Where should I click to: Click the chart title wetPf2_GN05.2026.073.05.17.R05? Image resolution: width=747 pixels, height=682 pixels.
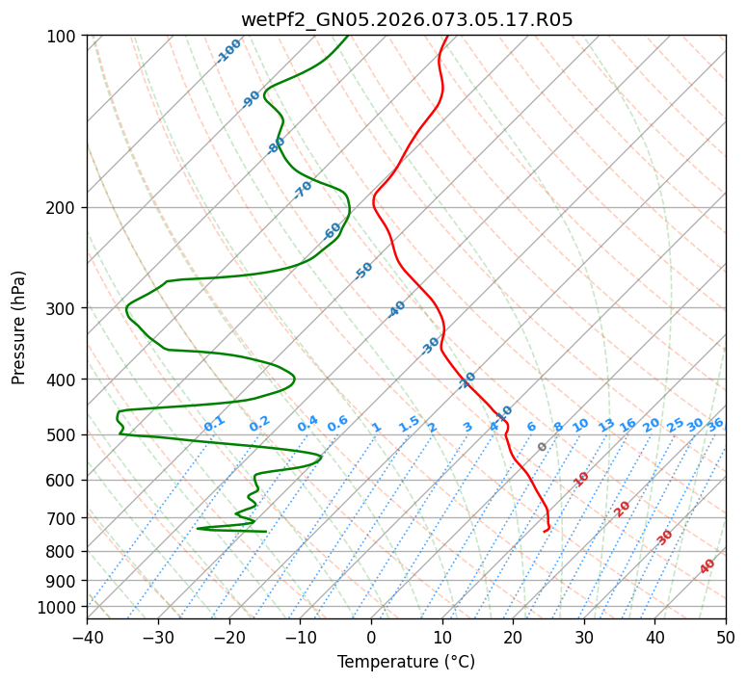(x=406, y=19)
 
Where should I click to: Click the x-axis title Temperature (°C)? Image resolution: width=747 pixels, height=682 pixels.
(x=406, y=662)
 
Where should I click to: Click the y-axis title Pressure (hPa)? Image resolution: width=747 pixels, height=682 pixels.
(x=18, y=328)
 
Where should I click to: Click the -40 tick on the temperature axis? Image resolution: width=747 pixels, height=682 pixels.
(x=88, y=637)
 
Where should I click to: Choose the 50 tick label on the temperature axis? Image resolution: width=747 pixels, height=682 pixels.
(x=726, y=637)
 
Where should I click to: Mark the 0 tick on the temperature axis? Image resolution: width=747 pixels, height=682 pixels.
(x=372, y=637)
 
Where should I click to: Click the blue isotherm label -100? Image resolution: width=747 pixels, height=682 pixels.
(x=228, y=51)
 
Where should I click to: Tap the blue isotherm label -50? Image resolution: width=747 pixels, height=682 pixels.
(x=363, y=271)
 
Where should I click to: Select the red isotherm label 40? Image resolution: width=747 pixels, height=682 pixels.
(x=707, y=566)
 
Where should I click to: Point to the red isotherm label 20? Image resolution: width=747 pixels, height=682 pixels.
(x=623, y=508)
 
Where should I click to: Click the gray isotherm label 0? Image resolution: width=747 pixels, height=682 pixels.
(x=542, y=447)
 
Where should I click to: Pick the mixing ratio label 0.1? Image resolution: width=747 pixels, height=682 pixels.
(x=214, y=423)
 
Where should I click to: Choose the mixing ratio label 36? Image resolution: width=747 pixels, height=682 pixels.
(x=715, y=424)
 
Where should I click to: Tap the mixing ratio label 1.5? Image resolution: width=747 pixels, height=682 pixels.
(x=409, y=423)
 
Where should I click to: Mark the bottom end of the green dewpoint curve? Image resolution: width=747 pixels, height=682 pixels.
(x=266, y=531)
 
